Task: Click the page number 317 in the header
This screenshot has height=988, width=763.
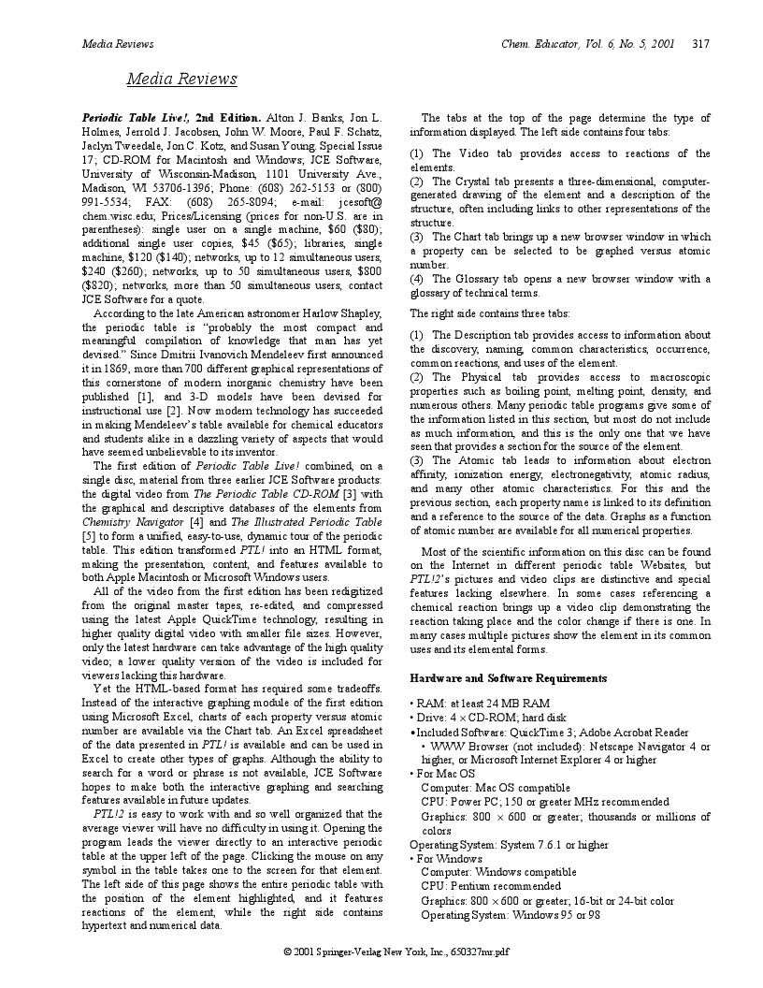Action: tap(701, 43)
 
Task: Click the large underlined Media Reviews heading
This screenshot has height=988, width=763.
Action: tap(182, 79)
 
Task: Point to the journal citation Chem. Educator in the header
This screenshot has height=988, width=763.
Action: tap(536, 43)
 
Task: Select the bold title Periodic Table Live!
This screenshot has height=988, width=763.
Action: tap(137, 118)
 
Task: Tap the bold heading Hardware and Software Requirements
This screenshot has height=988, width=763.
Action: tap(509, 677)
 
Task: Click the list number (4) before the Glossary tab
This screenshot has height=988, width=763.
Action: tap(418, 279)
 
